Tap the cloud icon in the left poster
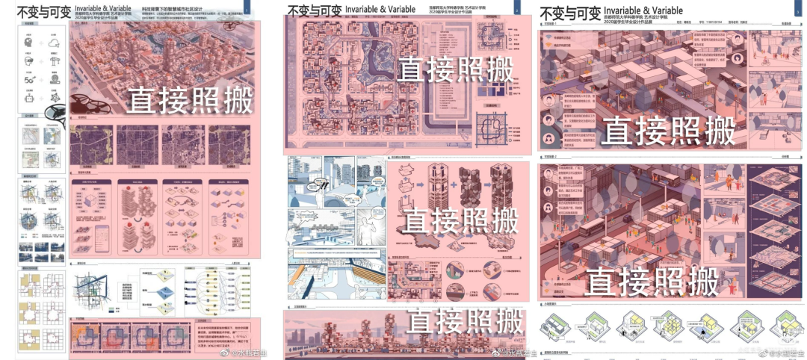(55, 44)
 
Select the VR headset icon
(29, 60)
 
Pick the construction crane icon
(55, 61)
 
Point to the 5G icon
(29, 78)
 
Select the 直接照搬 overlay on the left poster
(190, 99)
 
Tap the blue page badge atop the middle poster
(516, 9)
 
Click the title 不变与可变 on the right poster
(569, 13)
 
